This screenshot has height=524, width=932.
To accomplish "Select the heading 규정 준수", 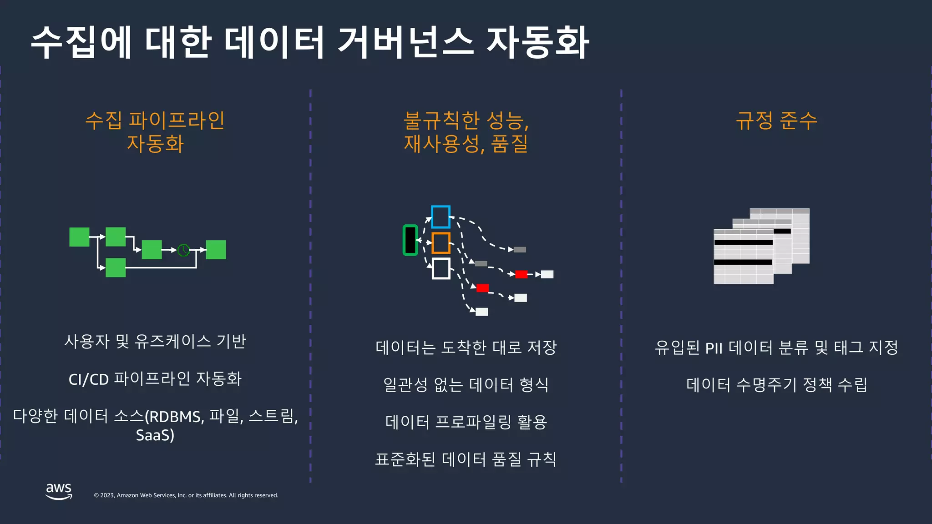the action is (776, 121).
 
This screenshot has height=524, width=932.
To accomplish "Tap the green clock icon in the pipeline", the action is (183, 250).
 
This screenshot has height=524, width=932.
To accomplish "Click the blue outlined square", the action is (441, 217).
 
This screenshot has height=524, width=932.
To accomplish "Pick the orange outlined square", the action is (441, 243).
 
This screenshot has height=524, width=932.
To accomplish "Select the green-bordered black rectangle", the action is (410, 240).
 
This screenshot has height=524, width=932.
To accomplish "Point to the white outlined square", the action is (441, 268).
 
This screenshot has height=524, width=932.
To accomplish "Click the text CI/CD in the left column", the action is (89, 379).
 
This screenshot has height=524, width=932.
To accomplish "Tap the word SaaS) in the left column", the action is (155, 435).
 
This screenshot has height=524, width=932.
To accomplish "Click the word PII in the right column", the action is (714, 348).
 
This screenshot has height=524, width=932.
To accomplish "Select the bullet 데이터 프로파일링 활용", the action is (466, 422).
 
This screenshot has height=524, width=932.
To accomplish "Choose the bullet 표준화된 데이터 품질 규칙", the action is (466, 459).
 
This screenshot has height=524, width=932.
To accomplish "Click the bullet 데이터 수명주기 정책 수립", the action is (776, 385).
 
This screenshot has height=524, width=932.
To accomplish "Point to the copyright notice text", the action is (186, 495).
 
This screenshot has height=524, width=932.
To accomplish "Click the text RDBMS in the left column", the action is (175, 417).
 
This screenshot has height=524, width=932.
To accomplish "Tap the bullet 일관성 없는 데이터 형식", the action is (466, 385).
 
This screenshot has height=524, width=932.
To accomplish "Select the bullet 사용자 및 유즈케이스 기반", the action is (155, 341).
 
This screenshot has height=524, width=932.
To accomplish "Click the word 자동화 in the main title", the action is (538, 42).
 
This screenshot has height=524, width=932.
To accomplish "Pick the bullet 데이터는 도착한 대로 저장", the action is (466, 348).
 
